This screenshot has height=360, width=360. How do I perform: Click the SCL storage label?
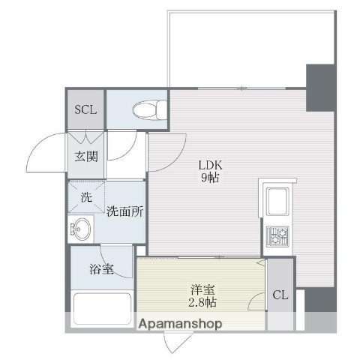click(84, 109)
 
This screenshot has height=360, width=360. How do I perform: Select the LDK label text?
click(209, 165)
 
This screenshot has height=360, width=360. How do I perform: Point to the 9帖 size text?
click(209, 179)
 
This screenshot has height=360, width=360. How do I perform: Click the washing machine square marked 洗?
click(86, 199)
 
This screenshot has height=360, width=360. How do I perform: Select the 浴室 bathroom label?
click(103, 269)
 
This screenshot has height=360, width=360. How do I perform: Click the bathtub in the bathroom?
click(102, 310)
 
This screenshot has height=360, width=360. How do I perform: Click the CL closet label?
click(280, 295)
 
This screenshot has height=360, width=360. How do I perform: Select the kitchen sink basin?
click(277, 200)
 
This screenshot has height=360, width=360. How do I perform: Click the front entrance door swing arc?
click(39, 154)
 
